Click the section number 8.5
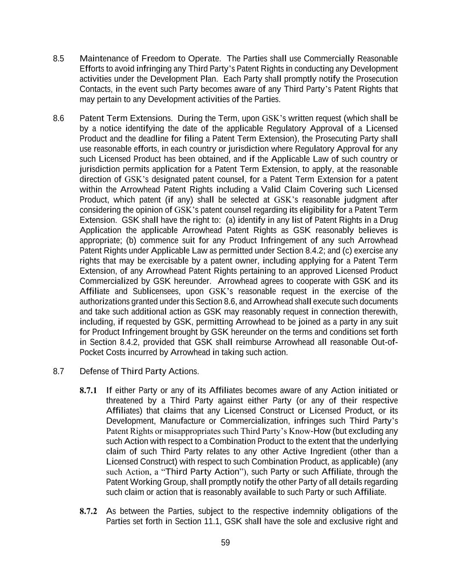59,59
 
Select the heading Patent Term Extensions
126,119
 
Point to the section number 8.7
59,371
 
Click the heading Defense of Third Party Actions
139,371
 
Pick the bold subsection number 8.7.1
88,391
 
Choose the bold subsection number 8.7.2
88,512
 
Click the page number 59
225,543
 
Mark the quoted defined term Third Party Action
202,472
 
